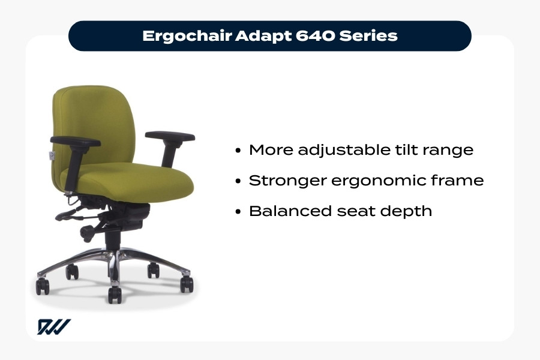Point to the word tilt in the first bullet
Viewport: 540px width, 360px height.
[x=409, y=150]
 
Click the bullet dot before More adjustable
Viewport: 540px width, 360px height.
[x=239, y=151]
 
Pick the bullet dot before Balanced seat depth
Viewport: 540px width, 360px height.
[x=239, y=212]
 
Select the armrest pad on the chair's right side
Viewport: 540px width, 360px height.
[x=170, y=136]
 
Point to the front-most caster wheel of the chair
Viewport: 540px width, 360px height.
[x=114, y=294]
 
